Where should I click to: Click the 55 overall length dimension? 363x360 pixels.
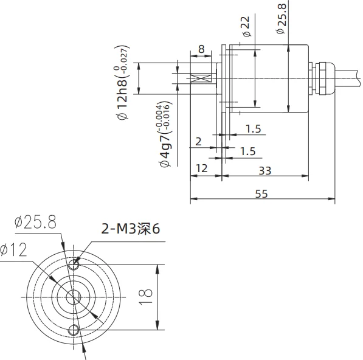click(x=261, y=194)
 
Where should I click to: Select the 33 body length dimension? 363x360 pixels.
click(x=265, y=171)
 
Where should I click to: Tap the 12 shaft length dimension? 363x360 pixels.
click(x=201, y=168)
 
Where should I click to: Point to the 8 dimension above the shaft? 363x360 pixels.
click(x=201, y=49)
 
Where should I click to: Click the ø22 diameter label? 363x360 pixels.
click(x=246, y=26)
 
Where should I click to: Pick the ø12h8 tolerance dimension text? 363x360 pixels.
click(x=122, y=83)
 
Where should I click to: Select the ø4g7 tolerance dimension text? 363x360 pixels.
click(x=165, y=134)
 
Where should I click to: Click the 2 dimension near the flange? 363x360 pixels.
click(x=198, y=142)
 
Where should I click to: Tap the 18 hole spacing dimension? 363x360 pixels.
click(x=146, y=297)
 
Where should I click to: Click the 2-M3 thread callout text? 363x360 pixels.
click(x=131, y=229)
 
